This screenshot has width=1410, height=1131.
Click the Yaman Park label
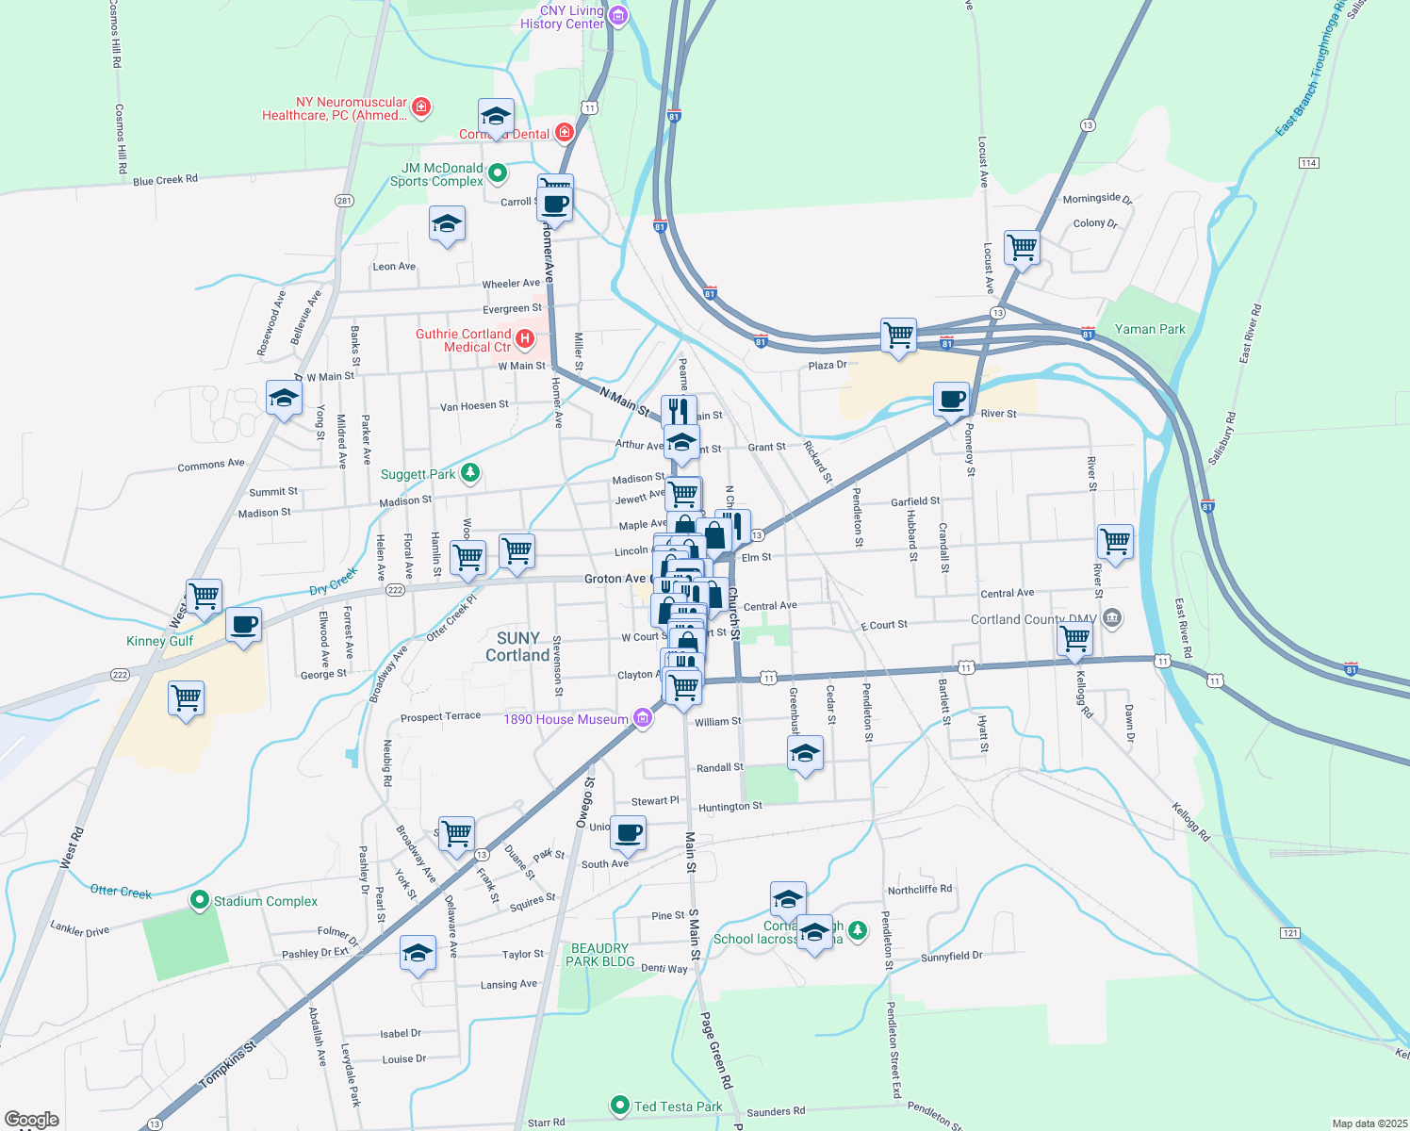[1150, 329]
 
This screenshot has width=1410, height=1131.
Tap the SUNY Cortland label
[517, 647]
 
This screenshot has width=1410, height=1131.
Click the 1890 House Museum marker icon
[643, 719]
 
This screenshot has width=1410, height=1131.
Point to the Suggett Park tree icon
[470, 473]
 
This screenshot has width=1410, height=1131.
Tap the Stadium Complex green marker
[199, 901]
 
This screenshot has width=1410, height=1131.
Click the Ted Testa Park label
[678, 1106]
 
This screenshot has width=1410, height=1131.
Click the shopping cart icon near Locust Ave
[1022, 248]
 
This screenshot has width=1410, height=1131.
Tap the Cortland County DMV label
[1033, 619]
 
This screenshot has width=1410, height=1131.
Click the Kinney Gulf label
[159, 641]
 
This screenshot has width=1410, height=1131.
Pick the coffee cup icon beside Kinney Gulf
[244, 624]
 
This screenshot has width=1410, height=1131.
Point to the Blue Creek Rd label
[165, 180]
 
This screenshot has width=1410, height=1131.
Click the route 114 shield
[1308, 163]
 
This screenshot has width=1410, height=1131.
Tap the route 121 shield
[1290, 933]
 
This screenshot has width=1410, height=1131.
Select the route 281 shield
[344, 201]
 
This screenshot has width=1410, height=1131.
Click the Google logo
[32, 1120]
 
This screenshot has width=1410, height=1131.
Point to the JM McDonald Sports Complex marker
[498, 172]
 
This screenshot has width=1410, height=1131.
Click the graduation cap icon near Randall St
[805, 753]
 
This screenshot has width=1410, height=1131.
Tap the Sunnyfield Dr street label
[951, 957]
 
